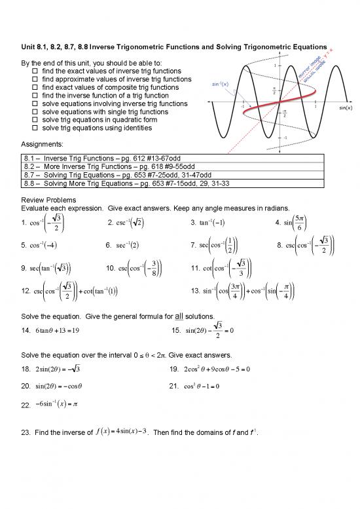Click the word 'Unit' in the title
click(x=28, y=47)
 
